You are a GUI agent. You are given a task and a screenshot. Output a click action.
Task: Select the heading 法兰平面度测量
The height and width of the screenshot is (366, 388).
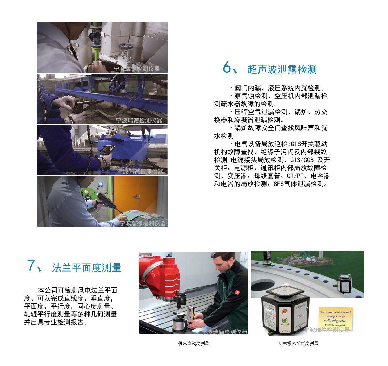86,268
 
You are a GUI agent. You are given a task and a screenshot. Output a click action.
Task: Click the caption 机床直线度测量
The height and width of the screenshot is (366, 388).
193,343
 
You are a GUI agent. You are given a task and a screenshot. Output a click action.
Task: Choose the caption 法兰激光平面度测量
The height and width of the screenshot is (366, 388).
298,343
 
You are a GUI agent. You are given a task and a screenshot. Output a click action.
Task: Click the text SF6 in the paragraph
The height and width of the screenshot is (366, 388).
279,184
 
